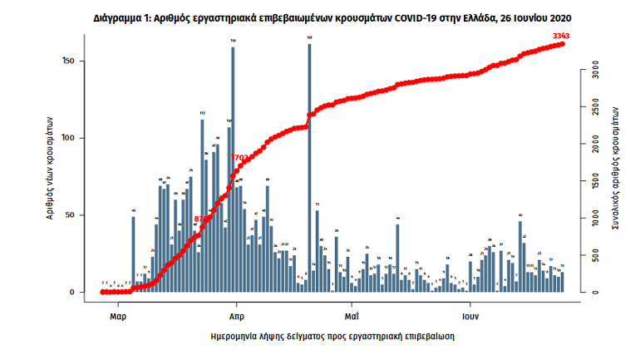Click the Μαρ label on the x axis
coord(117,317)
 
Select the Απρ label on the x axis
coord(236,317)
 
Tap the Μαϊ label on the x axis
coord(352,317)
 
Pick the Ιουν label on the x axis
coord(471,317)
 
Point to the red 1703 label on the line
coord(240,157)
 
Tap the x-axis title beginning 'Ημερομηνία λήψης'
coord(332,337)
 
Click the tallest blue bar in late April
coord(309,166)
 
